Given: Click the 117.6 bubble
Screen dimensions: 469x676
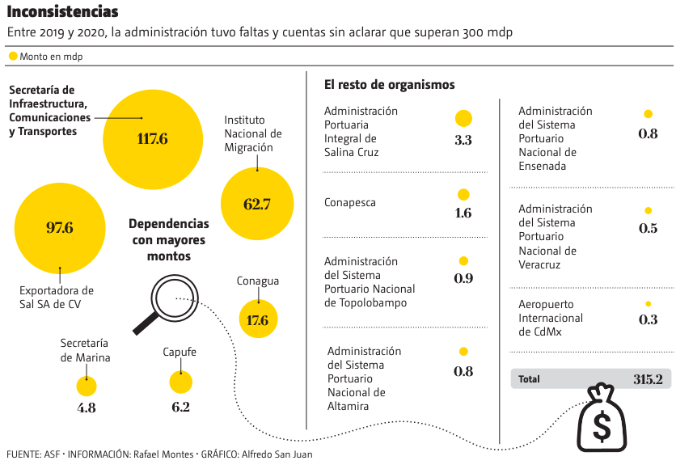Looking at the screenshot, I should (152, 139).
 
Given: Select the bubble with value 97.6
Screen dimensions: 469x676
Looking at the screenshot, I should (60, 228).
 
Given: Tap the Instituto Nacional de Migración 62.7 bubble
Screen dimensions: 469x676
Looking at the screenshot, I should (257, 204).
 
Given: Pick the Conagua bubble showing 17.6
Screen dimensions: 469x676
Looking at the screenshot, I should (258, 319).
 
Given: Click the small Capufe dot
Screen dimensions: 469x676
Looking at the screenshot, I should (180, 382).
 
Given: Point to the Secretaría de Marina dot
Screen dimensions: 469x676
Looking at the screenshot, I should (87, 387).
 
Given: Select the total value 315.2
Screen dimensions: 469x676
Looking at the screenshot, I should (648, 378).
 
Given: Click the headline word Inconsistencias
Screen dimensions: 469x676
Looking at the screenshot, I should (62, 12).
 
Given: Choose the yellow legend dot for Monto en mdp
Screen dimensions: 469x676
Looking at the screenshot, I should (13, 57).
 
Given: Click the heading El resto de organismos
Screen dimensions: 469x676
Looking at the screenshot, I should (389, 84).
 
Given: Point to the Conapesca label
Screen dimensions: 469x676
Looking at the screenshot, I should (350, 203).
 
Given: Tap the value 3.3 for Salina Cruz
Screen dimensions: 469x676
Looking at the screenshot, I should (463, 140).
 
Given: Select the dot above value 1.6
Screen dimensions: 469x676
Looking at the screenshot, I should (463, 195).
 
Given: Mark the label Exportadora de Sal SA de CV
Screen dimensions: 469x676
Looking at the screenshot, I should (56, 297).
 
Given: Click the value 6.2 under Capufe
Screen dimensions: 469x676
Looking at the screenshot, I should (180, 407).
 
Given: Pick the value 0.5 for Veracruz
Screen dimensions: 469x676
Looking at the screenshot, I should (648, 228).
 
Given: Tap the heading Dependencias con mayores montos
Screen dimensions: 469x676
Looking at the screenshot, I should (169, 239).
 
